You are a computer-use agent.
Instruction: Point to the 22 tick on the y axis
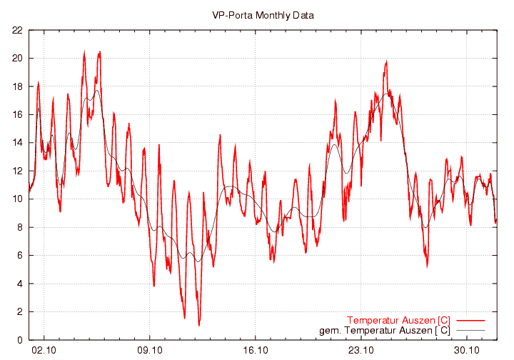[x=16, y=30]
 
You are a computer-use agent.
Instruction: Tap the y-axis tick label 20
[x=16, y=59]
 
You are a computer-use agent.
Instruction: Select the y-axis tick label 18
[x=16, y=86]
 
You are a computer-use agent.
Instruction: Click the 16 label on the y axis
[x=16, y=115]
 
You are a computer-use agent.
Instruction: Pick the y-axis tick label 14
[x=16, y=143]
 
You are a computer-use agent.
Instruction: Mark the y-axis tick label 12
[x=16, y=171]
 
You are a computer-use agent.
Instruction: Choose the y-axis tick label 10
[x=16, y=199]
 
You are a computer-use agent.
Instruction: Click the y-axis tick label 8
[x=19, y=228]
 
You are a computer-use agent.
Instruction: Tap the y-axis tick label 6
[x=19, y=256]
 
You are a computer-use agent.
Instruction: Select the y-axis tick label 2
[x=19, y=312]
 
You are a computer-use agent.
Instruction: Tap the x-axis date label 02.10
[x=44, y=351]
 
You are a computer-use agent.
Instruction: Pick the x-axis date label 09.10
[x=150, y=351]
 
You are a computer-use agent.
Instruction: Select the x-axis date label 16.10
[x=256, y=351]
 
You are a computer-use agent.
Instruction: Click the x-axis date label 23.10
[x=361, y=351]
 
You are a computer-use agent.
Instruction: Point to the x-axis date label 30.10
[x=467, y=351]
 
